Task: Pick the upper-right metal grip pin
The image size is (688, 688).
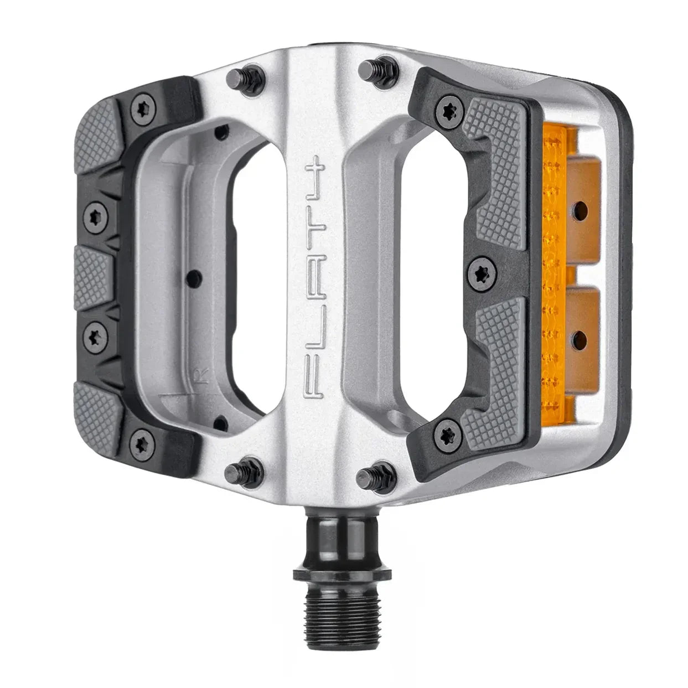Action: tap(369, 70)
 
